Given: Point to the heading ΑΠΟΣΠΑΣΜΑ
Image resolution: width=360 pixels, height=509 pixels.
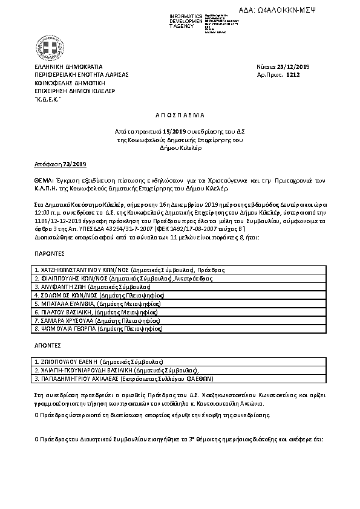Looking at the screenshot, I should click(180, 114).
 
